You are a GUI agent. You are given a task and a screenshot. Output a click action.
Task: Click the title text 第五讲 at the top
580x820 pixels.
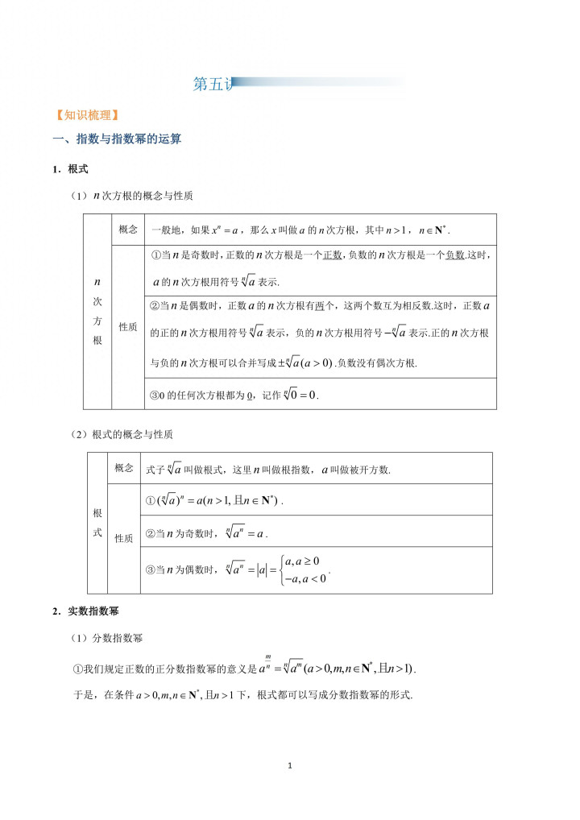coord(213,85)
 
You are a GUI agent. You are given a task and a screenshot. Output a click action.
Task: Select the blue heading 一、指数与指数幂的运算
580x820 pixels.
coord(117,139)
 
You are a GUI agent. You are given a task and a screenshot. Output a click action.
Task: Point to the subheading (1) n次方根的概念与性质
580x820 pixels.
coord(131,196)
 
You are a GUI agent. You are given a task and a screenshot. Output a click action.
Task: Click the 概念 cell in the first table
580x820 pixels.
coord(128,230)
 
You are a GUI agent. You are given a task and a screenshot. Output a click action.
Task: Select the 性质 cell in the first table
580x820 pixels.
coord(128,327)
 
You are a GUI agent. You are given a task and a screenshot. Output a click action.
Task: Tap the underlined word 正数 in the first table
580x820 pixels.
coord(333,255)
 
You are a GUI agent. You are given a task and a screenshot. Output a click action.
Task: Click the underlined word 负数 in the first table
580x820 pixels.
coord(455,255)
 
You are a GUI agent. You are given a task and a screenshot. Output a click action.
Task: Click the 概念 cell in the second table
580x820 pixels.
coord(124,468)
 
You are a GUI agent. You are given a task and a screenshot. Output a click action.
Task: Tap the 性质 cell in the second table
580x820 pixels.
coord(124,538)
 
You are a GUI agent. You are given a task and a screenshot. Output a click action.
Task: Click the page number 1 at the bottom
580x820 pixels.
coord(290,764)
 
